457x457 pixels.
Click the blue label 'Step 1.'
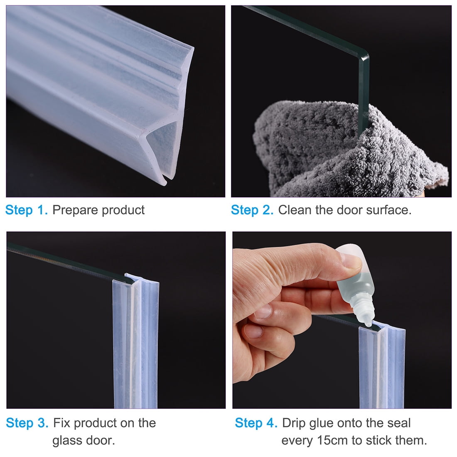click(27, 210)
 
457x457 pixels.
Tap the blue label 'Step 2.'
click(252, 210)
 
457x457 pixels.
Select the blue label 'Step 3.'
click(27, 423)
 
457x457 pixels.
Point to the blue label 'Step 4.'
click(256, 423)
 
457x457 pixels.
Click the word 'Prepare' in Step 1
click(75, 210)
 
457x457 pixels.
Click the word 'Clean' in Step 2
click(295, 210)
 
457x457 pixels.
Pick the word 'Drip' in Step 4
click(293, 423)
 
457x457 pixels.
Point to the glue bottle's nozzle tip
click(369, 324)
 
